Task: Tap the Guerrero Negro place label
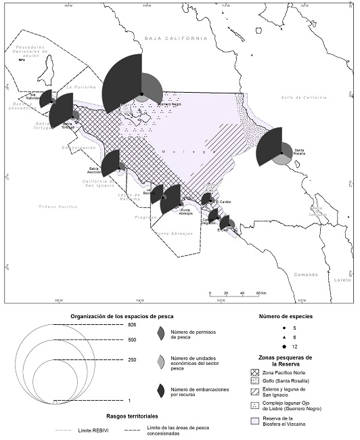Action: point(169,104)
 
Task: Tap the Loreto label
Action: point(343,279)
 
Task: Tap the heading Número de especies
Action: point(286,316)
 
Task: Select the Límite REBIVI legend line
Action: point(64,429)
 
